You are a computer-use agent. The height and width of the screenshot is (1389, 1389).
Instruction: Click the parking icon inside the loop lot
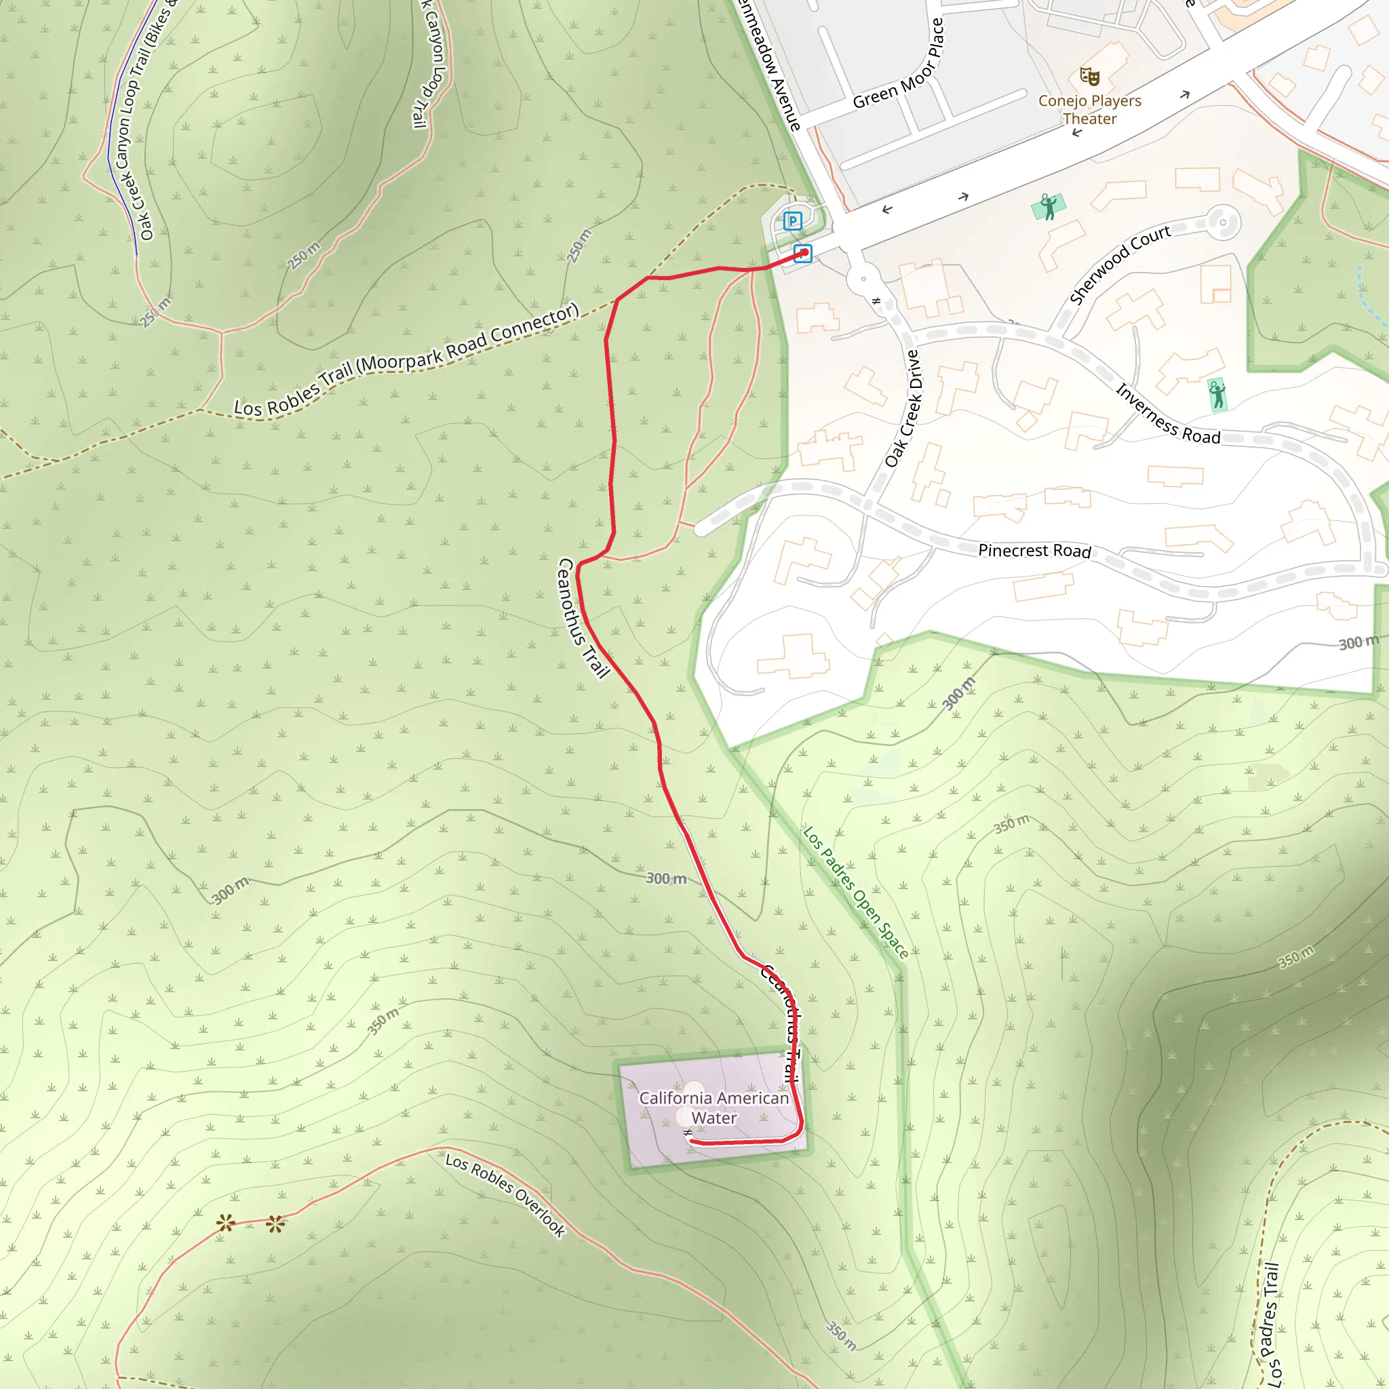[792, 220]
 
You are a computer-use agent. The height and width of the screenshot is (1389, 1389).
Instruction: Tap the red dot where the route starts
[804, 252]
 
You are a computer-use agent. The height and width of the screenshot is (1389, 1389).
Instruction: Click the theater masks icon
[1090, 75]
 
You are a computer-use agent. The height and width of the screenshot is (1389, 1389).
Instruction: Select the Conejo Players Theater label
[1090, 110]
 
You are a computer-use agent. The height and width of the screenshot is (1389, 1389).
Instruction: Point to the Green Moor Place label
[898, 64]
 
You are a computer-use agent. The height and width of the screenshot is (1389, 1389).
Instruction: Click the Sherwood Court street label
[1119, 265]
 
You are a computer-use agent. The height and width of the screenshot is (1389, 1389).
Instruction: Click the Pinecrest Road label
[1034, 551]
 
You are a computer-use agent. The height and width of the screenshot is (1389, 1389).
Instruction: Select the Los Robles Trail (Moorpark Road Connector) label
[407, 359]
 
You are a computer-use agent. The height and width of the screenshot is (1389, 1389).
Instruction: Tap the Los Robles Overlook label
[505, 1195]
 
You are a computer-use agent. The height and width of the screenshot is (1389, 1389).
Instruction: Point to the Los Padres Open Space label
[855, 893]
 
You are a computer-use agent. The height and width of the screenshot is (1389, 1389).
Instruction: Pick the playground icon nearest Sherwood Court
[1049, 206]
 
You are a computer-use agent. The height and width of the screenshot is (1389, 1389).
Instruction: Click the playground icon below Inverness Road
[1217, 394]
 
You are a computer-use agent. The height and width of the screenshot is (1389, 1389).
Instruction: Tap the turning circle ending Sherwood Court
[1222, 222]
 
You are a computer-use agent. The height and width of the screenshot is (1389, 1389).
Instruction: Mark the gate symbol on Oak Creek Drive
[876, 301]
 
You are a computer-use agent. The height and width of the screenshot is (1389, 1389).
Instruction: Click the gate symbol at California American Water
[688, 1133]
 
